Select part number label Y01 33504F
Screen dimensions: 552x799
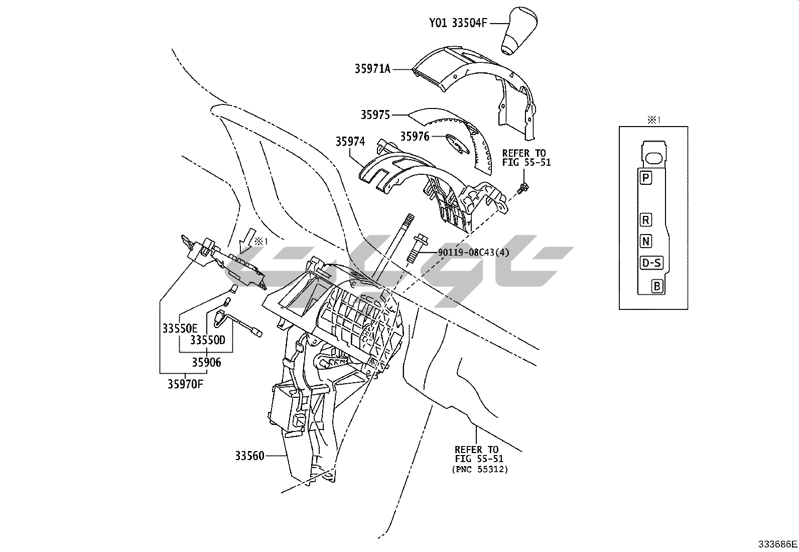click(x=458, y=23)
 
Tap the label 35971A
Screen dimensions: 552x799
click(x=372, y=69)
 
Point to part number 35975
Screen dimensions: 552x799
click(x=375, y=115)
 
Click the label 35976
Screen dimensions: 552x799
click(x=415, y=136)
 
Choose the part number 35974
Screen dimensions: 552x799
click(x=350, y=142)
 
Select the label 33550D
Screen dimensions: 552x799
click(x=208, y=340)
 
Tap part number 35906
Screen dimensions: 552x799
click(x=206, y=362)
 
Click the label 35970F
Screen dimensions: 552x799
click(x=186, y=384)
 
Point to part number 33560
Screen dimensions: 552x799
click(x=249, y=456)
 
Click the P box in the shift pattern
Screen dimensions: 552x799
click(x=646, y=177)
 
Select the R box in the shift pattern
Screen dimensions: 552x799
click(x=646, y=220)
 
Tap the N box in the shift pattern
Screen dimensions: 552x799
click(x=646, y=241)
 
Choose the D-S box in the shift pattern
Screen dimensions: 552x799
click(x=651, y=262)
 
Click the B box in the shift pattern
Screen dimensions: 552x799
click(x=657, y=287)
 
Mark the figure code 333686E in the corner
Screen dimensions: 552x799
click(x=777, y=544)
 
